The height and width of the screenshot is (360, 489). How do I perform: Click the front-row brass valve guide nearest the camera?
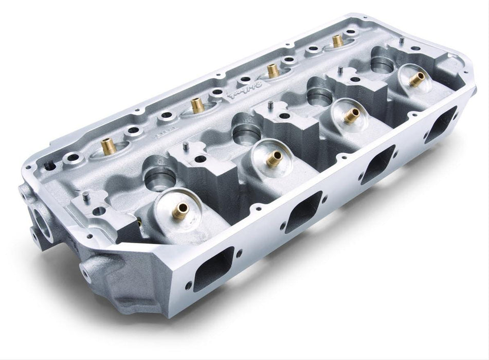[180, 211]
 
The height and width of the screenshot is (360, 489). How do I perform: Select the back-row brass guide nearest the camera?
[108, 147]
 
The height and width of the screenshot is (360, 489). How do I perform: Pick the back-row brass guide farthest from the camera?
[337, 41]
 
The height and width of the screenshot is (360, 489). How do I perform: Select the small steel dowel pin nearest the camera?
[86, 196]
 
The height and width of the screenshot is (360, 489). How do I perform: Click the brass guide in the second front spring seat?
[274, 157]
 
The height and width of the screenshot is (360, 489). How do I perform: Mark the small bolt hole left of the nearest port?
[188, 284]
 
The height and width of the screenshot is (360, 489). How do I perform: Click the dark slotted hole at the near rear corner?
[49, 166]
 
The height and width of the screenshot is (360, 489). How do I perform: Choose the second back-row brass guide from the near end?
[196, 105]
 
